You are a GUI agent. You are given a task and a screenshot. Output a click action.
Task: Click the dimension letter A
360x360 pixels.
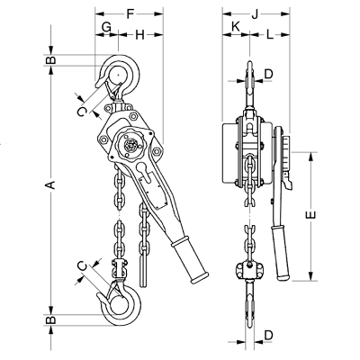coord(51,184)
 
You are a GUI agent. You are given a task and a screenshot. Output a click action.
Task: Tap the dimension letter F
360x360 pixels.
coord(130,13)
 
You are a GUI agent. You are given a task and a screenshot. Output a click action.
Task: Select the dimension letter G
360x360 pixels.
coord(106,27)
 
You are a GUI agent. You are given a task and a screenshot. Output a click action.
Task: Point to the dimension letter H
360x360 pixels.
coord(140,35)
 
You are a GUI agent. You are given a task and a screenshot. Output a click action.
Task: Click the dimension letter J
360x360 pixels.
coord(255,14)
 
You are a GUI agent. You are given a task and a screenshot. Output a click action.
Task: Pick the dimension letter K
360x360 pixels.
coord(236,27)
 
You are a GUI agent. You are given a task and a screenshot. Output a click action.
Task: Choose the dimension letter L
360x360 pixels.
coord(270,35)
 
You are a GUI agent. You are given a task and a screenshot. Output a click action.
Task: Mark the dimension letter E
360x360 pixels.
coord(312,215)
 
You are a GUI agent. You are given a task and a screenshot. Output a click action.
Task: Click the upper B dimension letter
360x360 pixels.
coord(51,60)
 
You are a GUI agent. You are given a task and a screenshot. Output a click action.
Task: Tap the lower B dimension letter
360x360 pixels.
coord(51,319)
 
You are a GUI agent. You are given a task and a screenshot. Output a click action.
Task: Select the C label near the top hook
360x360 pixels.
coord(81,112)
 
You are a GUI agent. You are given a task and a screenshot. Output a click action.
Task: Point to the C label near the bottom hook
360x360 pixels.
coord(82,266)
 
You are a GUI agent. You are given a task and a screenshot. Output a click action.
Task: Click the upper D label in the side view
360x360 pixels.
coord(268,74)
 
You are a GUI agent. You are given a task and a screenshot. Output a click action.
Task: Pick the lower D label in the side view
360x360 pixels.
coord(268,335)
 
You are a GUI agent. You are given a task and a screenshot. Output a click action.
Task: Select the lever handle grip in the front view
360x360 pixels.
coord(190,259)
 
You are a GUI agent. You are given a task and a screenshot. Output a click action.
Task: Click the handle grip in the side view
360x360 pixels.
coord(280,253)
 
